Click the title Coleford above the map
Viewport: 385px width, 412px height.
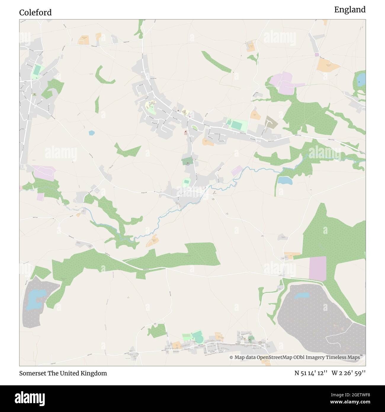tap(35, 12)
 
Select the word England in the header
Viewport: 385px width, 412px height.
tap(350, 10)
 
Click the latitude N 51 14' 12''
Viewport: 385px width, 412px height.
tap(311, 373)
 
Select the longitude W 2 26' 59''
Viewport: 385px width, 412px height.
tap(349, 373)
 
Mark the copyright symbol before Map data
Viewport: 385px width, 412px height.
tap(231, 357)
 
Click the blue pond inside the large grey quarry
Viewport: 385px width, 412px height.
tap(302, 296)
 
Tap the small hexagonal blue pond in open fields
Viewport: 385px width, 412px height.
tap(92, 133)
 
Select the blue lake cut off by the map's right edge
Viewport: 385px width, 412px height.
tap(361, 79)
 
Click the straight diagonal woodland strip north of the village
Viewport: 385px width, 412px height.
tap(216, 62)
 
